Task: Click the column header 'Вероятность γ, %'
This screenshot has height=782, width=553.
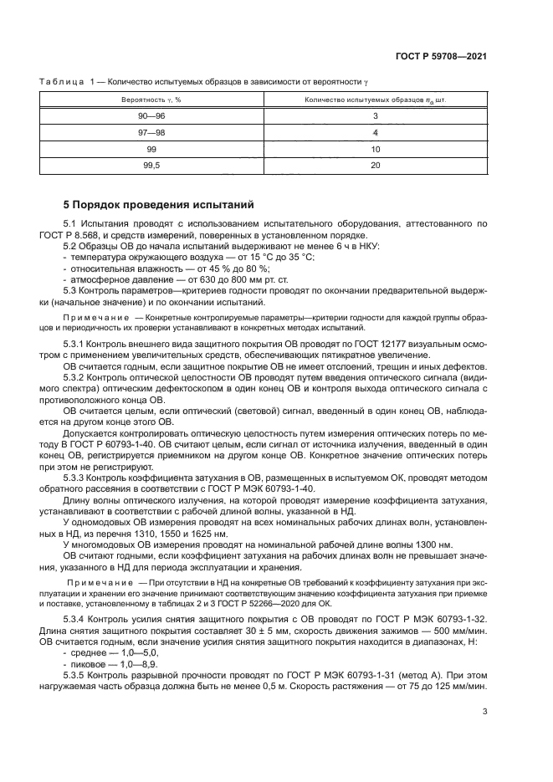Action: click(x=151, y=100)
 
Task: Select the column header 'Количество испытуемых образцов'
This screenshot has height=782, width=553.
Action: click(x=376, y=100)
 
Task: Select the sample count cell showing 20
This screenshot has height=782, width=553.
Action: click(x=376, y=166)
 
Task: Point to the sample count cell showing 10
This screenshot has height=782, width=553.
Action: click(x=376, y=149)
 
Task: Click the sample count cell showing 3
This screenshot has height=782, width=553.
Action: click(x=376, y=116)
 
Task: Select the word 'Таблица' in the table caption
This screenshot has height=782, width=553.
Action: click(x=61, y=81)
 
